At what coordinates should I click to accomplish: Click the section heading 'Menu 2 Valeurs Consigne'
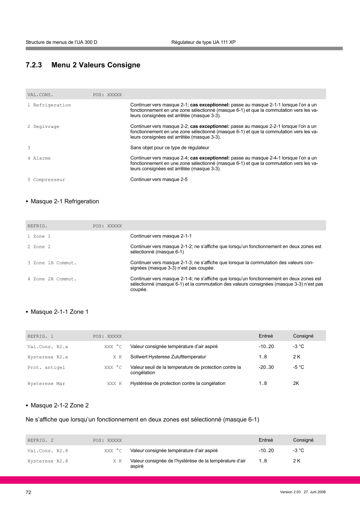click(x=96, y=65)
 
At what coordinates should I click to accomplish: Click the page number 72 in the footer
click(x=29, y=492)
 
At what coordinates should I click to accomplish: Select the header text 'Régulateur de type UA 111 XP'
click(x=203, y=42)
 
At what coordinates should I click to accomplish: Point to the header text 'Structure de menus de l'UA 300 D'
click(x=61, y=42)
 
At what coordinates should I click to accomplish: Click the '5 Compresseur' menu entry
click(x=46, y=180)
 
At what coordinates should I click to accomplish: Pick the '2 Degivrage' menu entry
click(x=43, y=126)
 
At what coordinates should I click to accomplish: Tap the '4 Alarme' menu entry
click(x=39, y=158)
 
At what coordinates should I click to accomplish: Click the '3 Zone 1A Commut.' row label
click(x=52, y=262)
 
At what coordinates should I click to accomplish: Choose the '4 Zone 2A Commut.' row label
click(x=52, y=279)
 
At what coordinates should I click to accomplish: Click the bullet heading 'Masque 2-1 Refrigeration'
click(x=65, y=202)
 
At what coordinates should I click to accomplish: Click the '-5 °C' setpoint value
click(x=298, y=367)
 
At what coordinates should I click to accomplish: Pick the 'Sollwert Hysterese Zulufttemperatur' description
click(x=168, y=356)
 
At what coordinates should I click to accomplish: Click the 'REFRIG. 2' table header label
click(x=41, y=440)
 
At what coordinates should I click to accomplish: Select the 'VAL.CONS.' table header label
click(x=40, y=95)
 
